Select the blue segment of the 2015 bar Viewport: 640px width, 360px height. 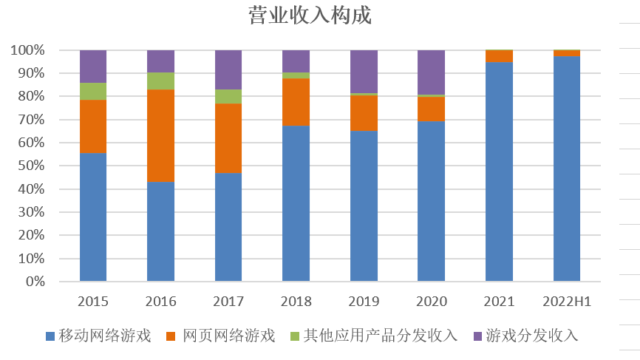[93, 217]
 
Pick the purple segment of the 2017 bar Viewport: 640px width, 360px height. [228, 69]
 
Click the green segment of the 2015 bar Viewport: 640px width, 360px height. [93, 91]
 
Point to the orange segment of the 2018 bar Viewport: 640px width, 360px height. [296, 101]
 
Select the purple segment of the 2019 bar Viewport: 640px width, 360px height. [364, 71]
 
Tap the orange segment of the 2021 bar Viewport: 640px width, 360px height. [499, 55]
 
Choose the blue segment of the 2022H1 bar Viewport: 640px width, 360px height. [567, 169]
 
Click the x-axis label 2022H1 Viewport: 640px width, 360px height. [567, 302]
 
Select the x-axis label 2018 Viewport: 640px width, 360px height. [296, 302]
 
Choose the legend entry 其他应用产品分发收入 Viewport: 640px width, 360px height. [380, 336]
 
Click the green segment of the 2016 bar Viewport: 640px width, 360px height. [160, 81]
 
